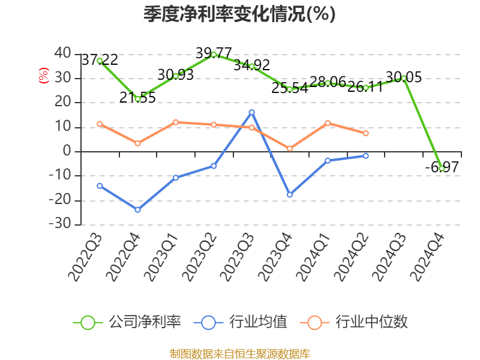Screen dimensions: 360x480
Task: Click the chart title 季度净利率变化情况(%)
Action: [x=239, y=14]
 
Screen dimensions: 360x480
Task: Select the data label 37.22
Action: [x=100, y=59]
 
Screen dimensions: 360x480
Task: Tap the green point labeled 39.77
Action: [x=214, y=55]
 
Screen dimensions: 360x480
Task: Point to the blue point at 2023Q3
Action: [x=251, y=112]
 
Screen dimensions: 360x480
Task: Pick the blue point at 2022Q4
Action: [x=137, y=209]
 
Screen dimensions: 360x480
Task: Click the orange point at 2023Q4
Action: [x=289, y=148]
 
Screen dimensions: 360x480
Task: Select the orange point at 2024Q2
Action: [x=365, y=133]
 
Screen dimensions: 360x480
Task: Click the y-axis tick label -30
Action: [x=59, y=224]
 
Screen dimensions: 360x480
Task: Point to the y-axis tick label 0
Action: [x=67, y=151]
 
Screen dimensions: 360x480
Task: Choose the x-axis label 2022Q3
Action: [x=85, y=258]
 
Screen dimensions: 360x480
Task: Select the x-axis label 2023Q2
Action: [x=199, y=258]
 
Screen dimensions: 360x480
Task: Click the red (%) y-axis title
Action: [x=43, y=76]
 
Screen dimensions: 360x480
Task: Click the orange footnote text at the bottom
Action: [x=239, y=353]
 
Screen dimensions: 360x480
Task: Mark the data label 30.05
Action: [x=403, y=77]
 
